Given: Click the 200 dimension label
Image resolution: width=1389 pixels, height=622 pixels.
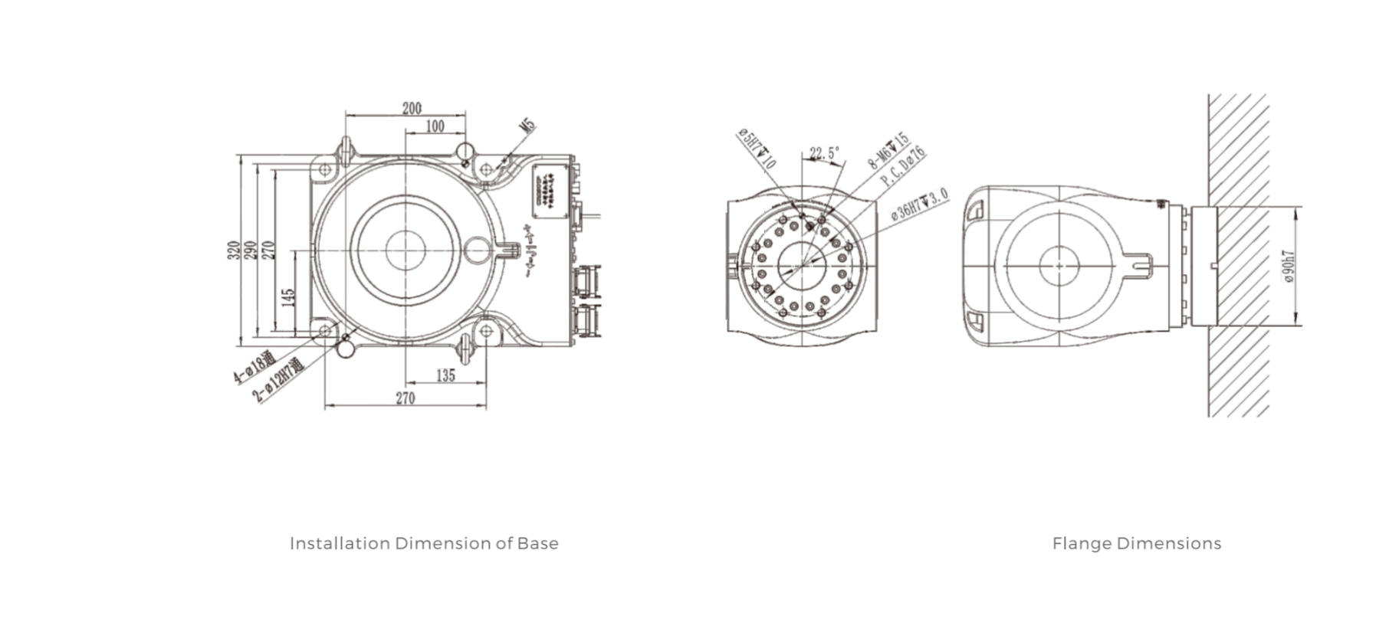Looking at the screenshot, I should point(412,108).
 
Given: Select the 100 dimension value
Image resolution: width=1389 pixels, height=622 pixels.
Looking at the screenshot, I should point(435,126).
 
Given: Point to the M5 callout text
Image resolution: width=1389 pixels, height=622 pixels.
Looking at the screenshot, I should point(527,127).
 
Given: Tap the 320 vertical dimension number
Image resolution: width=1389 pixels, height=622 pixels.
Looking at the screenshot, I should point(232,250).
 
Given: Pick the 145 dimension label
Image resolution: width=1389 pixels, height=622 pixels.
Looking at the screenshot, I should point(288,297).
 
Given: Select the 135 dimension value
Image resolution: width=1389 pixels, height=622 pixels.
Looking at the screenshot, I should point(445,375).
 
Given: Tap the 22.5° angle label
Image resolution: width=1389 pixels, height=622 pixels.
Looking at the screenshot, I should point(824,153).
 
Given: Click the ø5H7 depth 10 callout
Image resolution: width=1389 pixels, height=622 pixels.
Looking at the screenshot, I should point(757,149).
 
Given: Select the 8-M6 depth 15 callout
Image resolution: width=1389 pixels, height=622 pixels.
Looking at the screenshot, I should point(888,150).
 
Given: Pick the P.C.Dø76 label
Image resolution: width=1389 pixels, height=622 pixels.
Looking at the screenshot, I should point(903,167).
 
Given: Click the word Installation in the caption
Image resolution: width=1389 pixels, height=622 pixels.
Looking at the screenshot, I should point(340,544).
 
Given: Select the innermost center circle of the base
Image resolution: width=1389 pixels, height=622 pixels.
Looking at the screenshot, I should point(405,250).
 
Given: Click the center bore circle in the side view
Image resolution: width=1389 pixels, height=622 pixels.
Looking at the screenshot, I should point(1059,266).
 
